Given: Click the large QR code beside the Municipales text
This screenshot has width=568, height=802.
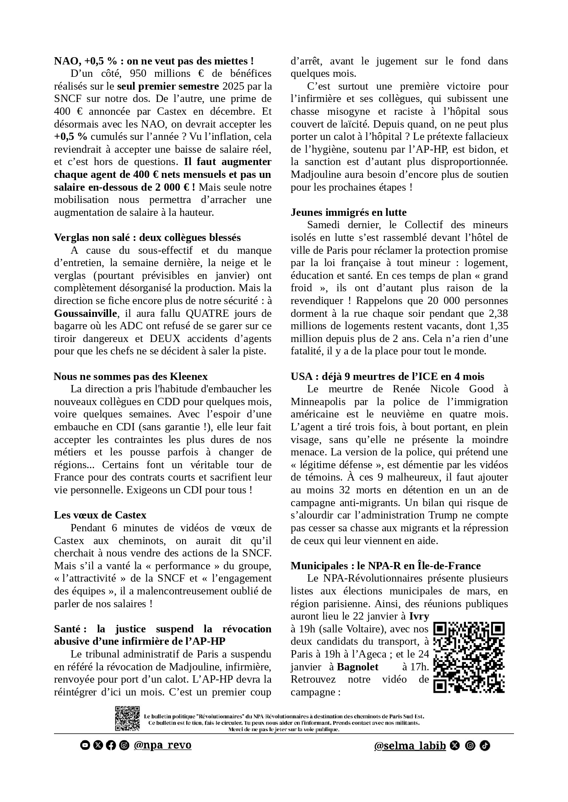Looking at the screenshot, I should [469, 657].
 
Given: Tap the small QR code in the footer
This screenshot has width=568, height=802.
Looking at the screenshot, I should [127, 718].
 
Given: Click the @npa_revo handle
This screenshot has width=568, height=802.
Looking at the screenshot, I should [162, 745].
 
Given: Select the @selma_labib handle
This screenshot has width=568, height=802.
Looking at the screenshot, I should [410, 746].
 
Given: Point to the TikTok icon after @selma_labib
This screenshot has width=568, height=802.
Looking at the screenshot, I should [485, 746].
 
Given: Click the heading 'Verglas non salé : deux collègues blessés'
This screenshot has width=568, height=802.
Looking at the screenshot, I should [147, 237].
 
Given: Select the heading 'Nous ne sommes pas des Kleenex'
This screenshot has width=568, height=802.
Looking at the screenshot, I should [130, 376].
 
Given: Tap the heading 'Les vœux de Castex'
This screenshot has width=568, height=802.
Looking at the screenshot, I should [100, 515].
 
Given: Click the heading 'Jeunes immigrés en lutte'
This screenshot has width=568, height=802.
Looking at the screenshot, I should [348, 212].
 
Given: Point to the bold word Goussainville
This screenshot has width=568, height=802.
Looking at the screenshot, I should [86, 313].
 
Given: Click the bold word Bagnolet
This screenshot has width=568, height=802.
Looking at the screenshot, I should [357, 667].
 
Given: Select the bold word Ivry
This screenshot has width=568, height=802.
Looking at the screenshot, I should [419, 616].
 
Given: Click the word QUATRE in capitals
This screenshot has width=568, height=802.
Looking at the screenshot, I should [207, 313].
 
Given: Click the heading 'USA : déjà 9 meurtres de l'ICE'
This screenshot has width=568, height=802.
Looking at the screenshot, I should [387, 376].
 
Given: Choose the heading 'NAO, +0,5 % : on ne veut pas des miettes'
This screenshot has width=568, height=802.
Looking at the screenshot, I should [154, 61].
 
